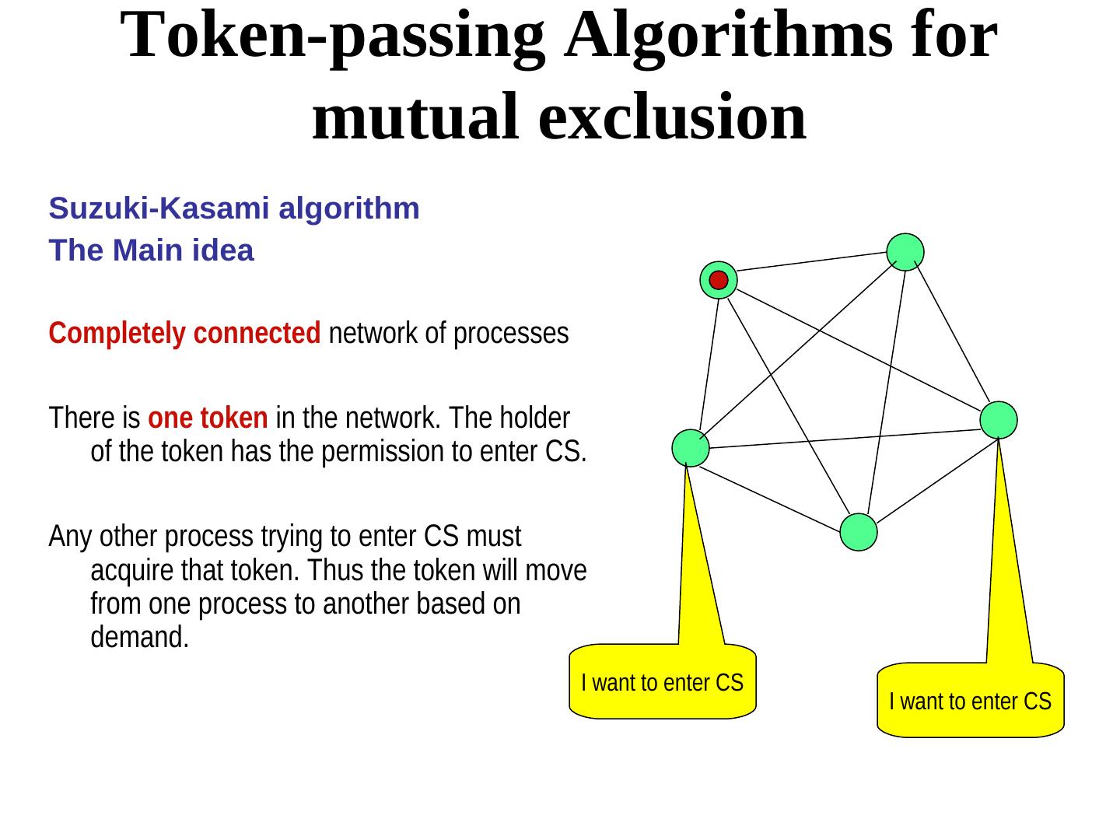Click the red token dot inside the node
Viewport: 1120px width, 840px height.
719,280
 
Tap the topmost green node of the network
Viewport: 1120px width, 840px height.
905,252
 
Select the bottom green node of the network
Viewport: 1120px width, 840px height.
859,533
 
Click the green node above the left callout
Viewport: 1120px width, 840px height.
691,448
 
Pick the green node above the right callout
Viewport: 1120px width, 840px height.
999,420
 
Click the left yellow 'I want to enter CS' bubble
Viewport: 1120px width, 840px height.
663,682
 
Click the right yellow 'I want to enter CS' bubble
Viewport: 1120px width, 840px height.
970,701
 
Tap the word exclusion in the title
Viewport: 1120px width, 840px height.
672,117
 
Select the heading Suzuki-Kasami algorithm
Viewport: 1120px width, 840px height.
234,208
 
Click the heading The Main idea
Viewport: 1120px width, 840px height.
151,250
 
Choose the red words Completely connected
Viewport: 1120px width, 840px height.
184,334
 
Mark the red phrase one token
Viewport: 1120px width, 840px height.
208,418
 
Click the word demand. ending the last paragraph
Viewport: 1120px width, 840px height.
140,638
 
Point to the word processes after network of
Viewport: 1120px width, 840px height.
511,334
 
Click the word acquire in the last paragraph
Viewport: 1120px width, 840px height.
132,571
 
